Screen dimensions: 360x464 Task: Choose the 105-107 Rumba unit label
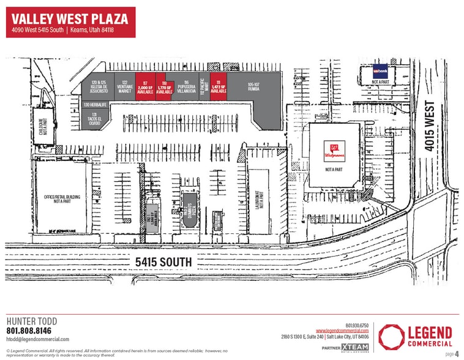click(254, 86)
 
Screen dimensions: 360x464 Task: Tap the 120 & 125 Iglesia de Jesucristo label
click(99, 86)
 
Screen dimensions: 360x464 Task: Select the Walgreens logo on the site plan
click(333, 150)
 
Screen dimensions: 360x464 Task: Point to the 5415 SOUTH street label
click(163, 262)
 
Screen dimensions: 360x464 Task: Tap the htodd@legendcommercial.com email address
click(37, 339)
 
